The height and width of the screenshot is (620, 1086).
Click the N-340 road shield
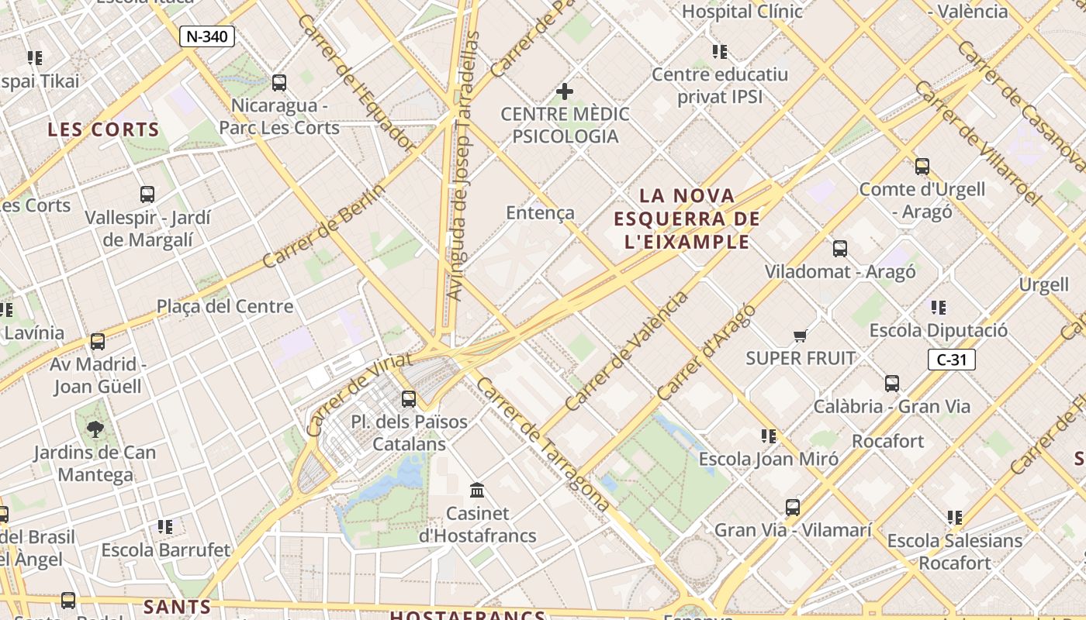[207, 36]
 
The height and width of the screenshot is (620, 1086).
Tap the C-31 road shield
[951, 360]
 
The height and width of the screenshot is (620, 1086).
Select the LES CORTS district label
[103, 129]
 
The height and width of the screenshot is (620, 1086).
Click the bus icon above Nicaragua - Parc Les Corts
[279, 82]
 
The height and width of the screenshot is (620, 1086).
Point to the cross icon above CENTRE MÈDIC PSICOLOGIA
[565, 91]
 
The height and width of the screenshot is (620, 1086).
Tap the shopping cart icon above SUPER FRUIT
[801, 336]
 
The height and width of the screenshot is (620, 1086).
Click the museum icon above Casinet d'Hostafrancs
[477, 490]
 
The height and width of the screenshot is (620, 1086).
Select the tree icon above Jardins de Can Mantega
[95, 429]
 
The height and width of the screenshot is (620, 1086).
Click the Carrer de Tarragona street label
[542, 444]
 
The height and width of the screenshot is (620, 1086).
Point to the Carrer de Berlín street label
[323, 226]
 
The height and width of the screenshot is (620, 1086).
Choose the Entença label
[540, 212]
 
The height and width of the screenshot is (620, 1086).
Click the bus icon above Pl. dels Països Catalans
[409, 399]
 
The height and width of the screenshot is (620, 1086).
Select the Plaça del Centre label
[225, 306]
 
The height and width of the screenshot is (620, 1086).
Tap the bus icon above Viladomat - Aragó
[840, 249]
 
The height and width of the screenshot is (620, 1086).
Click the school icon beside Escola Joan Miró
[768, 436]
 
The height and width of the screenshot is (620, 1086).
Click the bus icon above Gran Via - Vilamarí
[792, 508]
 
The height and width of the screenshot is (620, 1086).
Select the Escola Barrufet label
[166, 550]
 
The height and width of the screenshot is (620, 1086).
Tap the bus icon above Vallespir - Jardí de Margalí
[147, 194]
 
